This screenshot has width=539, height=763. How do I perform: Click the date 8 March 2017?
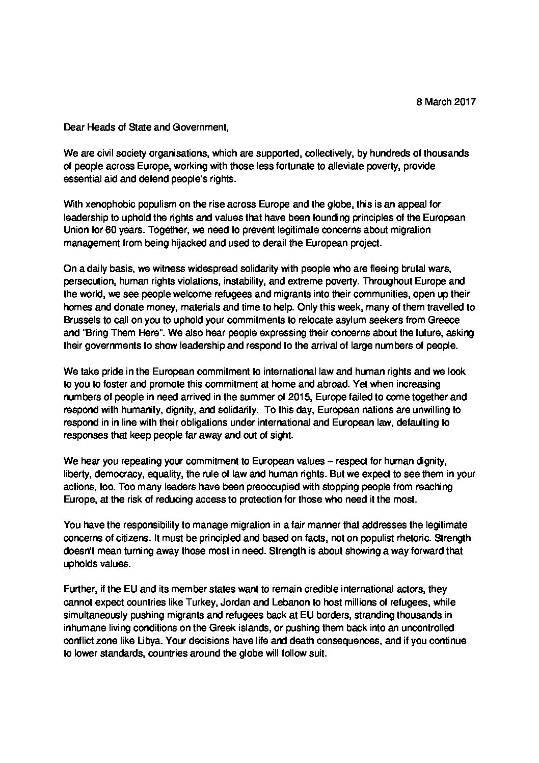tap(446, 101)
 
